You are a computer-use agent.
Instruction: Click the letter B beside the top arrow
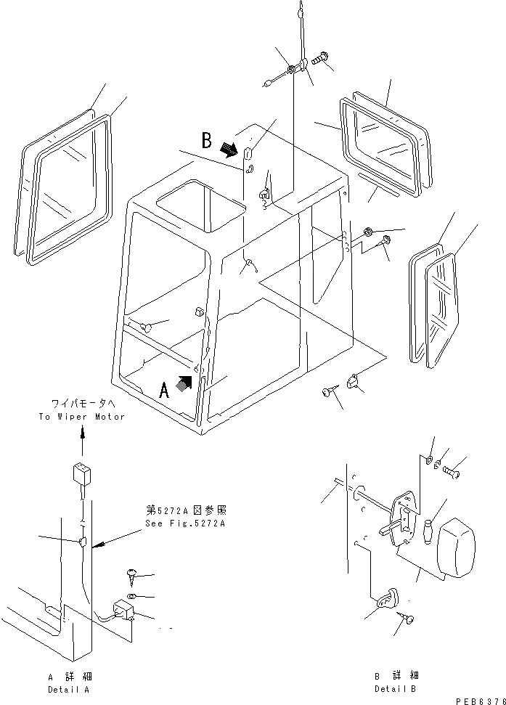[207, 139]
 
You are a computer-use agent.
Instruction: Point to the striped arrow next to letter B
[229, 149]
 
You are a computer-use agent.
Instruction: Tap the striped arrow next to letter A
[186, 383]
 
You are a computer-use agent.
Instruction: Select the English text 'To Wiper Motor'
[82, 417]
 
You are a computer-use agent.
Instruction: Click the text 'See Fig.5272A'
[185, 523]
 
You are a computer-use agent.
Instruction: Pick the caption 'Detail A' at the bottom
[70, 688]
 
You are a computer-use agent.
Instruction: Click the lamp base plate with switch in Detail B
[403, 520]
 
